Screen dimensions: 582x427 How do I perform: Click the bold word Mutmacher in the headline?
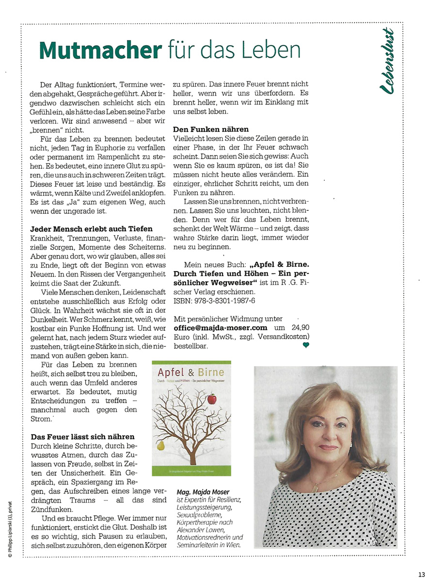click(x=100, y=49)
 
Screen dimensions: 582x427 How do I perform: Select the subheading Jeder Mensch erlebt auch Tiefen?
click(x=91, y=228)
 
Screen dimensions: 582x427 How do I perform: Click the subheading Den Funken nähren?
click(x=211, y=129)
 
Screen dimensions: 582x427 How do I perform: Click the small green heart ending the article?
click(x=306, y=345)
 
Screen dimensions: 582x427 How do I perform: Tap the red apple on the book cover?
click(x=212, y=399)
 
